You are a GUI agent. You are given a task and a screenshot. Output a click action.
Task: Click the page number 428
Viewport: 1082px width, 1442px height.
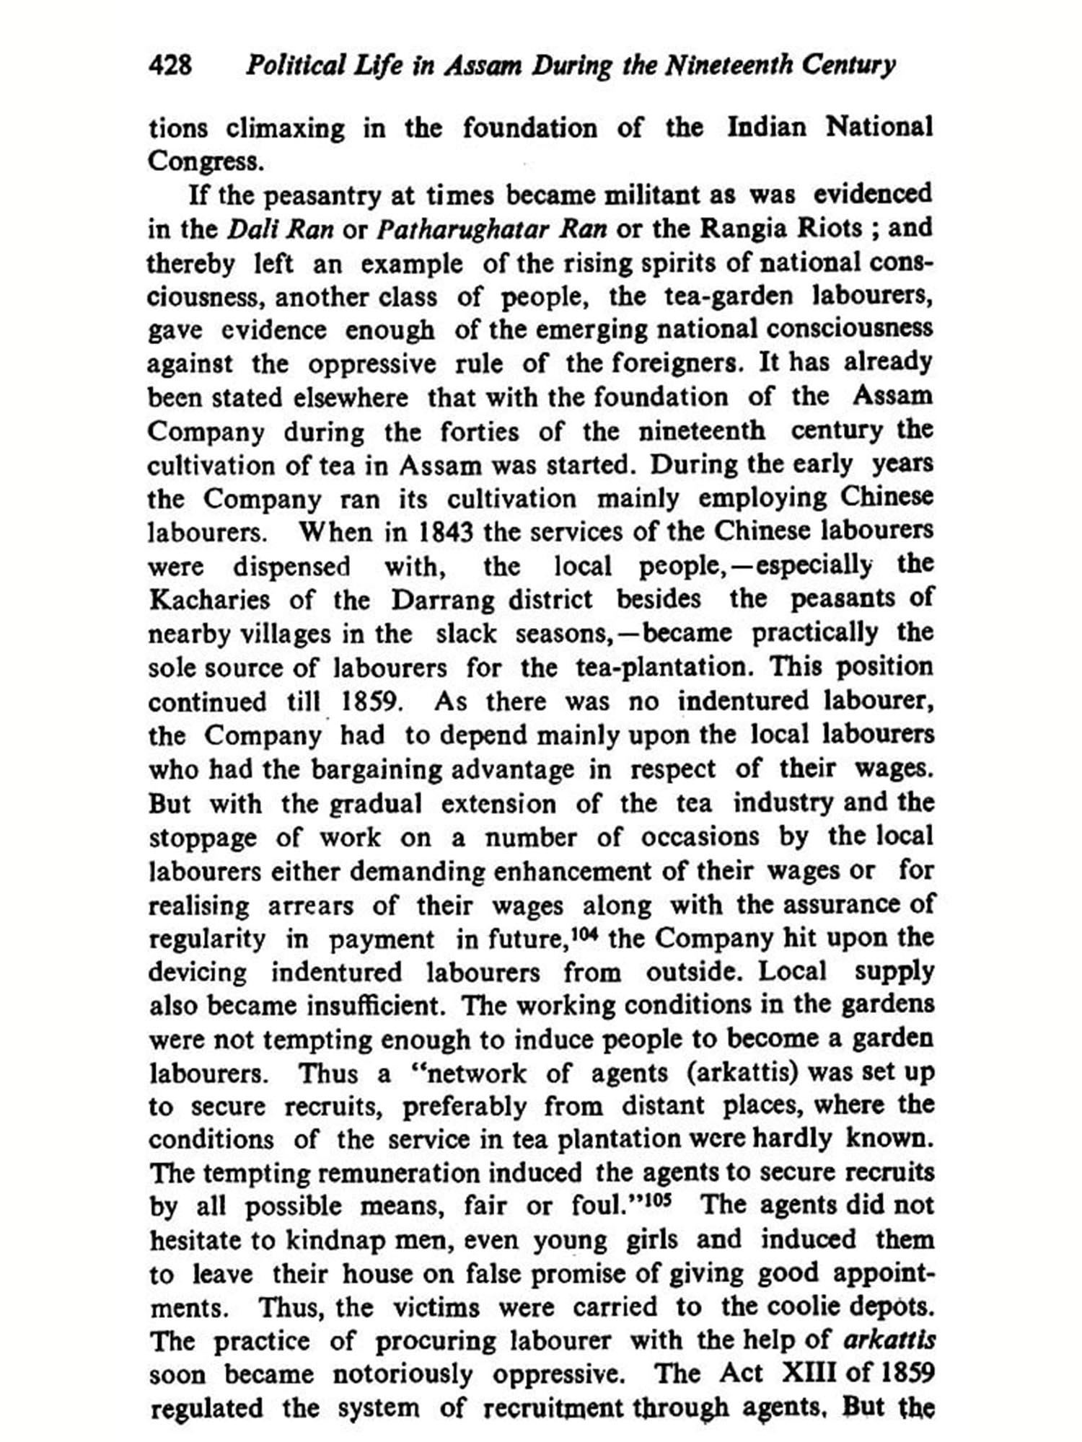[170, 66]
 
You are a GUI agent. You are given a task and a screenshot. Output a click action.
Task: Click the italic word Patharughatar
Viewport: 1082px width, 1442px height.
[491, 229]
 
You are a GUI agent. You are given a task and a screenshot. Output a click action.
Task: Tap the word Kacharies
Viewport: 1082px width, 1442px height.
[210, 601]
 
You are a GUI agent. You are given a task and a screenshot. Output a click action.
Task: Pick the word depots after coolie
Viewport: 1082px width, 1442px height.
[890, 1308]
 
